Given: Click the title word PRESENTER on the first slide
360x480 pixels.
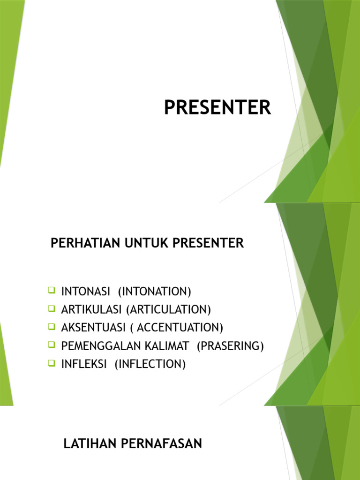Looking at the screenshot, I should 217,108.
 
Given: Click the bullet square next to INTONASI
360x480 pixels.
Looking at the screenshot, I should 52,291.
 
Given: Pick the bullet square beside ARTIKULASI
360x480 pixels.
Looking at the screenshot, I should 52,309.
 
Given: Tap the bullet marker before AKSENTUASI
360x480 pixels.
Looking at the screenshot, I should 52,327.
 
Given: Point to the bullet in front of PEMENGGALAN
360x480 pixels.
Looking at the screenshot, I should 52,345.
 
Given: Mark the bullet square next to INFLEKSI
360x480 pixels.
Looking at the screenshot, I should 52,363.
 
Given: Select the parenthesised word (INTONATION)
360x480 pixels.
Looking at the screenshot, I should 155,292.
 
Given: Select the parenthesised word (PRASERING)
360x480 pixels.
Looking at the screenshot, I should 230,346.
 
